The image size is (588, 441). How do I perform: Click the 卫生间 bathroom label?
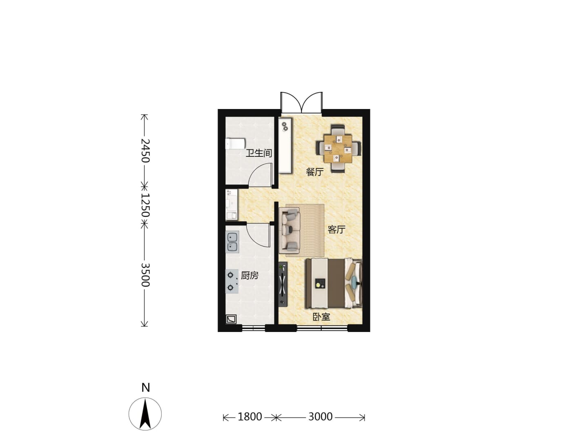pos(258,153)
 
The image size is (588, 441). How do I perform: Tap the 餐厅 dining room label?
pos(314,171)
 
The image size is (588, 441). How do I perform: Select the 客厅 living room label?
pos(336,229)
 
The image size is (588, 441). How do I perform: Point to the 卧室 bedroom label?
pos(321,317)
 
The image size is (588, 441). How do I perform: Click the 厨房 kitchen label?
pos(249,275)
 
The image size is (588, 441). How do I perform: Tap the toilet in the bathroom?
pos(235,144)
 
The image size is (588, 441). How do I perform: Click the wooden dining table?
pos(338,148)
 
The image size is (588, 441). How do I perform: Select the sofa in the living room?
pos(290,230)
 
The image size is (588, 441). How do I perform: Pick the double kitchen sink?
pos(232,242)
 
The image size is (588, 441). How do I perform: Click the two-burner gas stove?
pos(232,281)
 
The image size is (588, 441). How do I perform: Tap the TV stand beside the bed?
pos(283,284)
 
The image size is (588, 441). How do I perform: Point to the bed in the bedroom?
pos(334,283)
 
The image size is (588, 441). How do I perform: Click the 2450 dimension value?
pos(145,151)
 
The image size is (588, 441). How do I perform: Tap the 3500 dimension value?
pos(145,275)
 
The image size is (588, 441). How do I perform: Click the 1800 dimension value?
pos(249,416)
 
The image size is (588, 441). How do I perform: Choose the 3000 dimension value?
pos(321,416)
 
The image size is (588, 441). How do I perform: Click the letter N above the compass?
pos(145,388)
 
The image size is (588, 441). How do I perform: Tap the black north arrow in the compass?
pos(145,413)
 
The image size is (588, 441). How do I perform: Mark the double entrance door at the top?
pos(301,102)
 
